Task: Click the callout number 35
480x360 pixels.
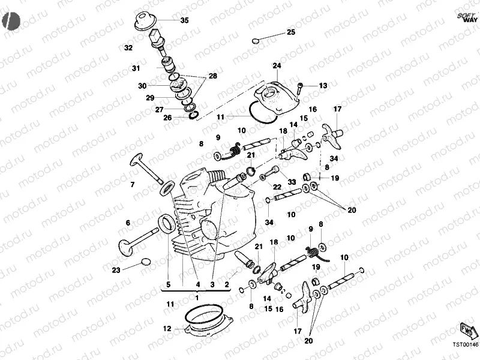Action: (x=184, y=20)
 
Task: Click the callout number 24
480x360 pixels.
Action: (x=277, y=65)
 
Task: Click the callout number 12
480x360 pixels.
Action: (x=167, y=329)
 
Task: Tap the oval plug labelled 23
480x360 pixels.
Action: (x=146, y=262)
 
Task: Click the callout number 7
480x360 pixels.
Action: (x=133, y=184)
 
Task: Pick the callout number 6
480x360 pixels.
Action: (x=128, y=223)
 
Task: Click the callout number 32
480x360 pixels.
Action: (x=128, y=47)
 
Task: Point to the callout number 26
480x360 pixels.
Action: (x=167, y=118)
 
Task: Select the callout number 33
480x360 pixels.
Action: (x=292, y=182)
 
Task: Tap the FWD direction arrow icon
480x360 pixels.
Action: (x=467, y=331)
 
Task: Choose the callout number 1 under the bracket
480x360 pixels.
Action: (x=197, y=296)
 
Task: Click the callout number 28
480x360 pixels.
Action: (x=212, y=76)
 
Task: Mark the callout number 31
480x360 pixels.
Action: (x=136, y=68)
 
